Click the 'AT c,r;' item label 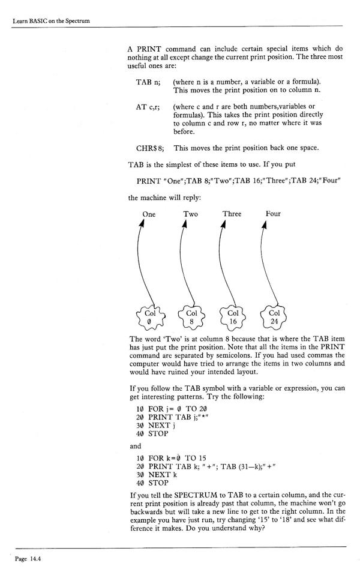(149, 106)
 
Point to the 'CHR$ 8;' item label (151, 147)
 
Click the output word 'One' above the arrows (149, 214)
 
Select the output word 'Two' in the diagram (191, 214)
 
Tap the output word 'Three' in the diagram (232, 214)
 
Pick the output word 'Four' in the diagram (273, 214)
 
